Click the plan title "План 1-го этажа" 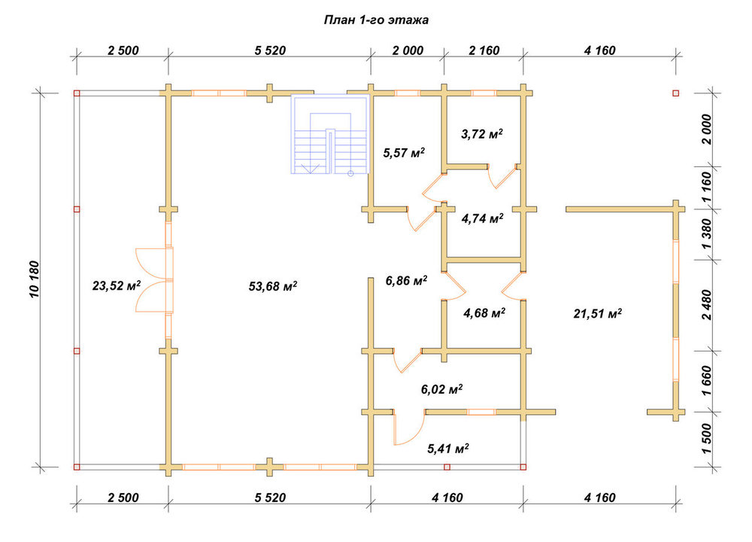point(376,20)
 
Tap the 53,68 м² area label point(273,287)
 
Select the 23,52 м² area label point(117,286)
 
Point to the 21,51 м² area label point(598,314)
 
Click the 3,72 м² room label point(482,134)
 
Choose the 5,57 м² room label point(404,153)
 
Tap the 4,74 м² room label point(483,219)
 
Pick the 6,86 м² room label point(406,280)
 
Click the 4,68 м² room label point(484,313)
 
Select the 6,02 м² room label point(441,389)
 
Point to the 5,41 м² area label point(448,449)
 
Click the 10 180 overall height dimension point(35,279)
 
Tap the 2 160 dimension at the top point(484,50)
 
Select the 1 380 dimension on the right point(707,234)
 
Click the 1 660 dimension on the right point(707,381)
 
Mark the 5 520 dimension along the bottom point(270,498)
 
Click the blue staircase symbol point(330,134)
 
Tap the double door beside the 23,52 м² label point(154,280)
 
